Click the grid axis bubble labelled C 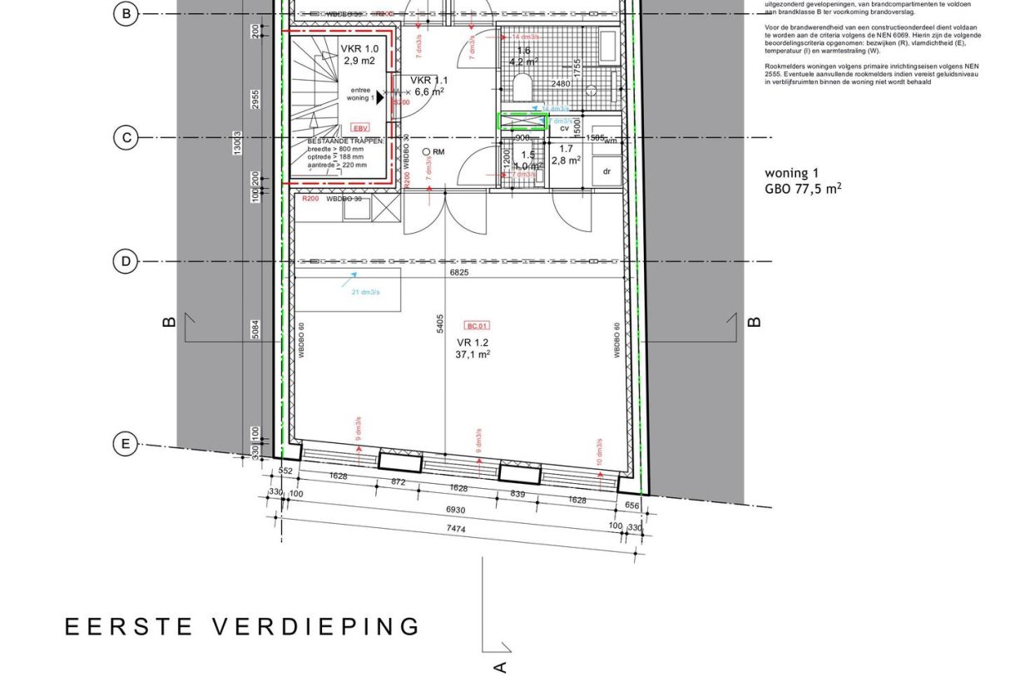click(x=126, y=137)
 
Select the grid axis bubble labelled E click(x=126, y=445)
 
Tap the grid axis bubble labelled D click(x=126, y=262)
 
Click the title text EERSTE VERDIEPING click(x=243, y=626)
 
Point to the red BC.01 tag click(x=477, y=327)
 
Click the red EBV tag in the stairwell click(x=360, y=128)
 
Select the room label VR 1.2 click(x=472, y=342)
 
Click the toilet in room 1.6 click(x=523, y=86)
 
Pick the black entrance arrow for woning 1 click(x=380, y=97)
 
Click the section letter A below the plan click(x=500, y=666)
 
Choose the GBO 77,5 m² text click(x=803, y=189)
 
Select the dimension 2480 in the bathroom click(x=561, y=83)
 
